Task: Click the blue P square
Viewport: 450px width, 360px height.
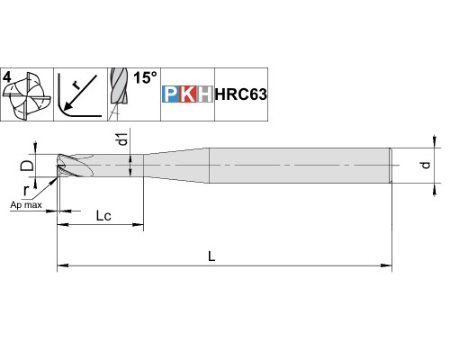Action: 171,94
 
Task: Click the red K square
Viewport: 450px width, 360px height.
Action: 188,94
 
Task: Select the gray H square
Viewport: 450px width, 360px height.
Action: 205,94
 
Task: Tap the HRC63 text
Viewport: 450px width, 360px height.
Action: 241,94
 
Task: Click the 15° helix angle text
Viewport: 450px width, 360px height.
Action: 145,77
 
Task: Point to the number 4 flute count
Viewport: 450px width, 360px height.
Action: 7,77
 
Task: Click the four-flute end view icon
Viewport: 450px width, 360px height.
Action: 26,96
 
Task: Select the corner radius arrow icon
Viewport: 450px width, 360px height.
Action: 80,95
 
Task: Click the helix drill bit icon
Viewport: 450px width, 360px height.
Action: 119,94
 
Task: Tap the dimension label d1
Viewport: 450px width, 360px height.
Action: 123,139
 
